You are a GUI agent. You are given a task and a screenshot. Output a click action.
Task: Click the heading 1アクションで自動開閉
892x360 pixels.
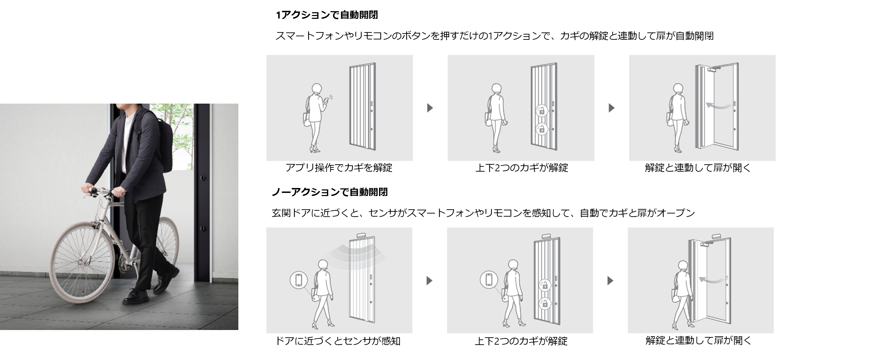click(x=327, y=15)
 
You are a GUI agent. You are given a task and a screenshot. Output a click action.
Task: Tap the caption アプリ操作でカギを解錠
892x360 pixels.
click(x=339, y=168)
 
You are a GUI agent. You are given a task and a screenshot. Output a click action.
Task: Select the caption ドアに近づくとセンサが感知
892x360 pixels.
click(x=338, y=340)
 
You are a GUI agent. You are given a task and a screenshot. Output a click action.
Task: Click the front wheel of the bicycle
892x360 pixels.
click(x=83, y=267)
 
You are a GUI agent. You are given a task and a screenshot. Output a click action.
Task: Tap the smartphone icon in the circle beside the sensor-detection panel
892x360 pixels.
click(x=299, y=280)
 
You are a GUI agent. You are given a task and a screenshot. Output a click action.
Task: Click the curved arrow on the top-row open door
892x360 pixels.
click(x=719, y=105)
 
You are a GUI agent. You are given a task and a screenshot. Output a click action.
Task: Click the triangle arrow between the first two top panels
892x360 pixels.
click(x=430, y=108)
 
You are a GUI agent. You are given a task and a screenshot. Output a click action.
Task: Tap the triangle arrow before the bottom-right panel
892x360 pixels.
click(x=610, y=280)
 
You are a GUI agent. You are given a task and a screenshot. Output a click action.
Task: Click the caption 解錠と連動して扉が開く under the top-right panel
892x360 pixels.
click(x=698, y=168)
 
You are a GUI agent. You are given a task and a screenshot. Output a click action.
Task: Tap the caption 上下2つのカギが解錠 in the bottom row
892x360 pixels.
click(x=521, y=341)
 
